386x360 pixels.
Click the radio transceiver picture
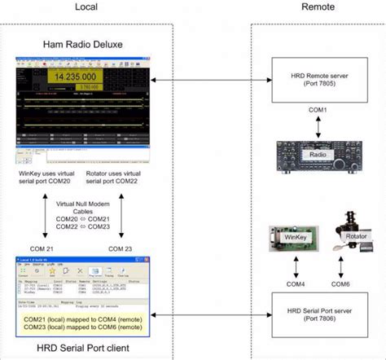316,152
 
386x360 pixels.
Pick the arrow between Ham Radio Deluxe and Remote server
203,79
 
